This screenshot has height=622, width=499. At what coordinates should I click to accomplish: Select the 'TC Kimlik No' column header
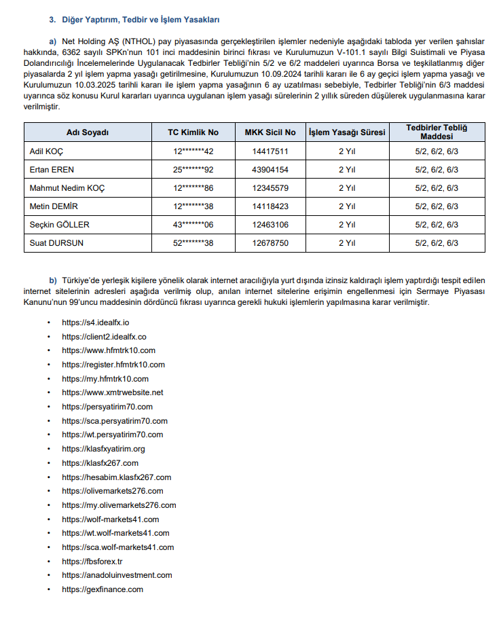pyautogui.click(x=193, y=132)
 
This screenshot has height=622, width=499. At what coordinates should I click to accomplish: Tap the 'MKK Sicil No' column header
pyautogui.click(x=270, y=132)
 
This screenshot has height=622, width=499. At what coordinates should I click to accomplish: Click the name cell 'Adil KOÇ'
pyautogui.click(x=47, y=151)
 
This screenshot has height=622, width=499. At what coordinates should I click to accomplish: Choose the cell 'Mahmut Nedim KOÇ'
pyautogui.click(x=67, y=188)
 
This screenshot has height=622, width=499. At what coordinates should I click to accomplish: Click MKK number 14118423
pyautogui.click(x=270, y=206)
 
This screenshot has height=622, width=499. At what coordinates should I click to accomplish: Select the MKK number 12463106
pyautogui.click(x=270, y=225)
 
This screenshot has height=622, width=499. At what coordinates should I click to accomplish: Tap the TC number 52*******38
pyautogui.click(x=193, y=243)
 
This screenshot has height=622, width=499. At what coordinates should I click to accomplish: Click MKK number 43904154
pyautogui.click(x=270, y=170)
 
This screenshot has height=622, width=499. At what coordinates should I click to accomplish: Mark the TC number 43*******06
pyautogui.click(x=193, y=225)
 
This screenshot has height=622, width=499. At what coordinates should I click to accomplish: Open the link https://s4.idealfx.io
pyautogui.click(x=95, y=323)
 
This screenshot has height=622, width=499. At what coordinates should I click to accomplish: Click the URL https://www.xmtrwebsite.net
pyautogui.click(x=112, y=392)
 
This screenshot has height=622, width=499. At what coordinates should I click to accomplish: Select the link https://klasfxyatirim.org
pyautogui.click(x=103, y=449)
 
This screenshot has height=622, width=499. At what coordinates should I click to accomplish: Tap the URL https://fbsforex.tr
pyautogui.click(x=92, y=562)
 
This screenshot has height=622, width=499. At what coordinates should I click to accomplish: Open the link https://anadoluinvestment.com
pyautogui.click(x=117, y=575)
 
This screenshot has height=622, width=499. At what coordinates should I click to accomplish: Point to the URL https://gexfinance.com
pyautogui.click(x=103, y=589)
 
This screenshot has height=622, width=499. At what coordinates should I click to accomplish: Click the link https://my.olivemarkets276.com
pyautogui.click(x=119, y=505)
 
